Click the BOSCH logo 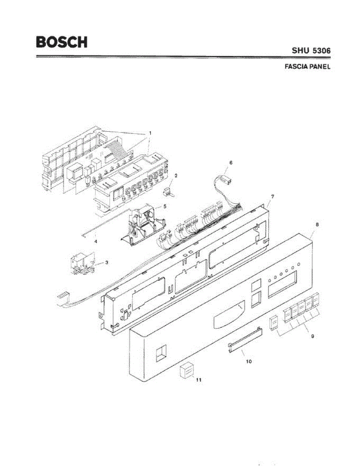click(61, 42)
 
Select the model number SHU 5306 click(311, 51)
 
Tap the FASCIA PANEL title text click(307, 67)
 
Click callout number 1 click(150, 133)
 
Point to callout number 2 click(176, 176)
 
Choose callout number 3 click(107, 263)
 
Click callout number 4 click(96, 241)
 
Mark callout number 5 click(165, 206)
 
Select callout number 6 click(230, 162)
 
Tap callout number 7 click(272, 197)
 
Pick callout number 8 click(317, 225)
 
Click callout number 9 click(313, 337)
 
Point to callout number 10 click(249, 361)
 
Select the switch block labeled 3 click(83, 264)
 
